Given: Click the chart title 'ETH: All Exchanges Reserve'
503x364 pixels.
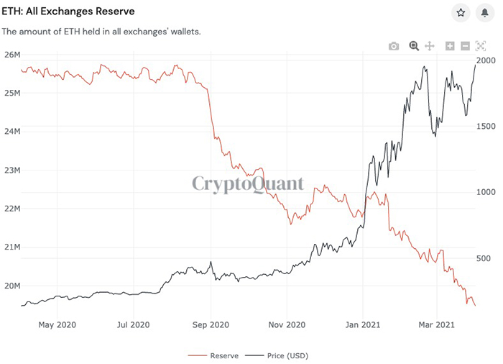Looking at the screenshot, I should click(68, 12).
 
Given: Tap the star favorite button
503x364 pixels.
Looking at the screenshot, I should click(461, 13).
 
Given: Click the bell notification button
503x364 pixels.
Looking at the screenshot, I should click(485, 13).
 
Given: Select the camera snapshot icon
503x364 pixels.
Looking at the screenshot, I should click(394, 46).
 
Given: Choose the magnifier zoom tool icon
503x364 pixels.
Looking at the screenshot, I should click(414, 46).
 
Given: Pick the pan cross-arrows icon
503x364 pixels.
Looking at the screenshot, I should click(430, 46).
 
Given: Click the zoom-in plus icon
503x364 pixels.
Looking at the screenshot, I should click(450, 46).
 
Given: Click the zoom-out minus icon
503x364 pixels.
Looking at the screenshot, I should click(466, 46).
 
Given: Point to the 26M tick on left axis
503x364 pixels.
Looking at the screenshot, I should click(11, 55).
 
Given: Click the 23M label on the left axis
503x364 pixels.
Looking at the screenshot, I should click(11, 170).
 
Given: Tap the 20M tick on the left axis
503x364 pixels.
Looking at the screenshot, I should click(11, 286).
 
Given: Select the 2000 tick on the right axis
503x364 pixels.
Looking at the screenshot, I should click(486, 60).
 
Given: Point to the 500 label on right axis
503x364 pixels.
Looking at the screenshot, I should click(484, 259).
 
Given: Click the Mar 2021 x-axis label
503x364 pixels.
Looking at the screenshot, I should click(436, 324).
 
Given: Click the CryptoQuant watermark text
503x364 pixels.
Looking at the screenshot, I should click(248, 183).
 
